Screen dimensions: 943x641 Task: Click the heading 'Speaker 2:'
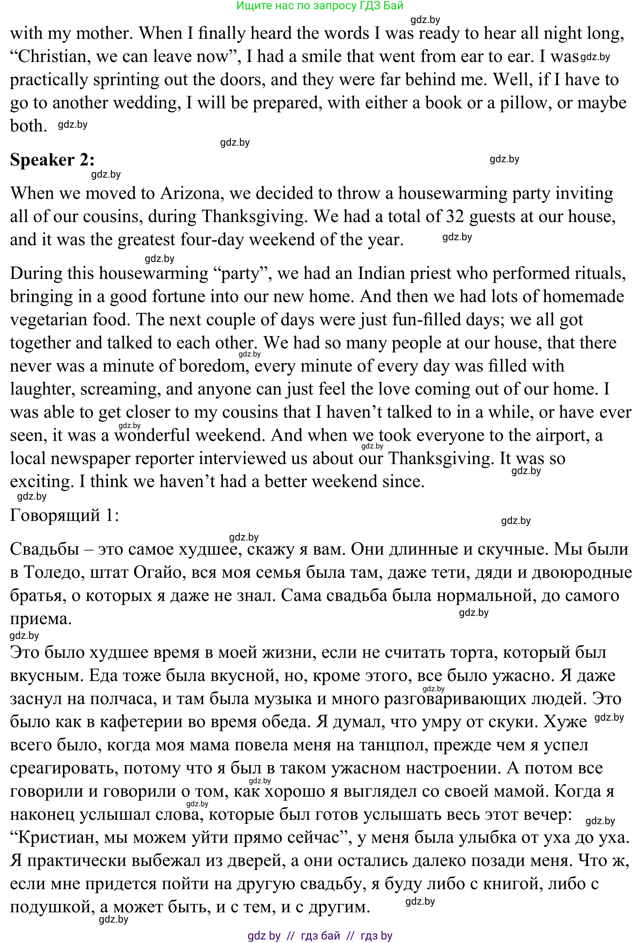(52, 160)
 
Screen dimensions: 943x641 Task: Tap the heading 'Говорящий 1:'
(65, 515)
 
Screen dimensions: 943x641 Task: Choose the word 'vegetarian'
(48, 320)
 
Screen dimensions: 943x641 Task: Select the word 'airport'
(561, 435)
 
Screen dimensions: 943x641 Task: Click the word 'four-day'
(211, 240)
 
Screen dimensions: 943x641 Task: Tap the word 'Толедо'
(54, 572)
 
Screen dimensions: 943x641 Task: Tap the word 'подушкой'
(51, 907)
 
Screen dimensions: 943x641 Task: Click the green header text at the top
(320, 5)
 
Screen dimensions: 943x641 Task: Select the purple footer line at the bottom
(320, 936)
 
